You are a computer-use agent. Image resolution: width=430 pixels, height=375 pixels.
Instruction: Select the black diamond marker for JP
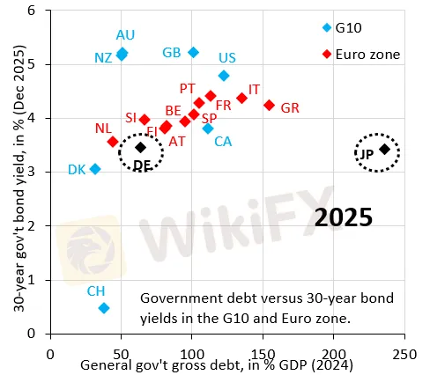coord(384,150)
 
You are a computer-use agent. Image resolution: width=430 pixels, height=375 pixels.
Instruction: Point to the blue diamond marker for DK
coord(95,168)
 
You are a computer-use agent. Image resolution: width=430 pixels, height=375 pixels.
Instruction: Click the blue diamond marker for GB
coord(194,53)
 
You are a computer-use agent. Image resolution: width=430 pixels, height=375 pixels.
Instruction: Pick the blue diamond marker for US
coord(224,76)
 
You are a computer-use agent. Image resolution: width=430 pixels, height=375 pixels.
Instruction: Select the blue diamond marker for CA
coord(208,129)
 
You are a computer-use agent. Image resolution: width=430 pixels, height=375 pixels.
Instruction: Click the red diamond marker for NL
coord(113,141)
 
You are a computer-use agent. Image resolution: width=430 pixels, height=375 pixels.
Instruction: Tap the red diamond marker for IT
coord(242,99)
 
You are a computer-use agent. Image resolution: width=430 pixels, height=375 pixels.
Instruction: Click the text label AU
coord(126,35)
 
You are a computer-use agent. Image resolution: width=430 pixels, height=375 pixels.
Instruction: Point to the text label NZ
coord(103,57)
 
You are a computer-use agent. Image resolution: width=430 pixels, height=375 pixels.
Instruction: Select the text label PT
coord(188,89)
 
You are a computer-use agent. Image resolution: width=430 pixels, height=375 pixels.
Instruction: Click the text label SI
coord(130,117)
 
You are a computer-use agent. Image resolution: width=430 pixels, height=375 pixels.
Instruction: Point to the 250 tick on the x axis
coord(405,350)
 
